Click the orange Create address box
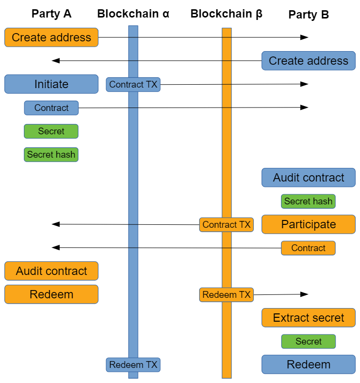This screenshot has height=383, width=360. (x=51, y=37)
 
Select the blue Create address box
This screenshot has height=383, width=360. (x=308, y=61)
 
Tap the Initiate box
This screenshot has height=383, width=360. (x=51, y=84)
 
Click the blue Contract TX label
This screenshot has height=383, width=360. (x=133, y=84)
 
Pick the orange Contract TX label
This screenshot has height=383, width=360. (x=226, y=224)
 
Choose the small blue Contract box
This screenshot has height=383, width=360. (x=51, y=108)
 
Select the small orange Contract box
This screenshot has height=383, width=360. (x=308, y=248)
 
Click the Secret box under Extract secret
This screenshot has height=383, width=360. (x=308, y=341)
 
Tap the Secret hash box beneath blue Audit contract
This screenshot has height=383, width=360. (x=308, y=201)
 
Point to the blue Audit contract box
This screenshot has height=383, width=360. (x=308, y=178)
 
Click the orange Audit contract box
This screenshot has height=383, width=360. (x=51, y=271)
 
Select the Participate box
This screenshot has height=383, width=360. (x=308, y=224)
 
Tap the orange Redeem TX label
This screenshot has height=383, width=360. (x=226, y=294)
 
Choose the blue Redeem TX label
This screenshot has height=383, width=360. (x=133, y=365)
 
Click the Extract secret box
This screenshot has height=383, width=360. (x=308, y=318)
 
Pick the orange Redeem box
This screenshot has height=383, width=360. (x=51, y=294)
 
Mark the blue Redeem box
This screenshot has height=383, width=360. (x=308, y=365)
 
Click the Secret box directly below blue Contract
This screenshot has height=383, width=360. (x=51, y=131)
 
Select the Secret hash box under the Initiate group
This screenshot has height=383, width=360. (x=51, y=155)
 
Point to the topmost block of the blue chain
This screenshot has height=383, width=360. (x=133, y=31)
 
